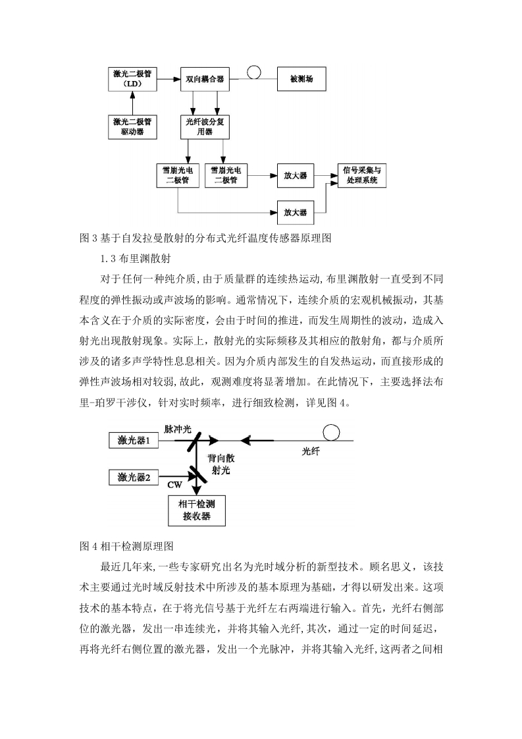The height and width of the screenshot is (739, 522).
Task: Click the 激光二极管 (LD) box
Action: tap(132, 78)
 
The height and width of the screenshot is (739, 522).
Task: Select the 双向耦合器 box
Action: tap(205, 78)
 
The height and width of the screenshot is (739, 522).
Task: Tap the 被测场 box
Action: tap(301, 78)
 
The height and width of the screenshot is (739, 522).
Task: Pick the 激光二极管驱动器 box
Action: tap(132, 126)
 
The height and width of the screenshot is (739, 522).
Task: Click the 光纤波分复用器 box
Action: tap(205, 126)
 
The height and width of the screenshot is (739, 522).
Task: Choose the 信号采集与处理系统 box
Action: tap(362, 175)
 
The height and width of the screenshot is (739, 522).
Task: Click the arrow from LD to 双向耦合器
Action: tap(169, 78)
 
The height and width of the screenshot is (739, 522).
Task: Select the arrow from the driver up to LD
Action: tap(132, 103)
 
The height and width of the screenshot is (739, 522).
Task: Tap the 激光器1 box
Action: tap(134, 441)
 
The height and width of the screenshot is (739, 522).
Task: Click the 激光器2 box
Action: tap(134, 478)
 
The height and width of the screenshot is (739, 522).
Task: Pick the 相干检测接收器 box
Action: tap(197, 510)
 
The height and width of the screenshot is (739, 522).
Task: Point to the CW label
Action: tap(175, 485)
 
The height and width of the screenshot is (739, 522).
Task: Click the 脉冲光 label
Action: tap(178, 429)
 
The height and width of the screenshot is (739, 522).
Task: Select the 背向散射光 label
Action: tap(221, 464)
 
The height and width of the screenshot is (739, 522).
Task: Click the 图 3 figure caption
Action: tap(205, 238)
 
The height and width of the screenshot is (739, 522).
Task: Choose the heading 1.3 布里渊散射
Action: tap(136, 259)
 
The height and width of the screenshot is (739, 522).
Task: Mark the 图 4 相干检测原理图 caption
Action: tap(127, 546)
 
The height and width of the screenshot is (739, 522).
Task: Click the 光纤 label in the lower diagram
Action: tap(311, 452)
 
